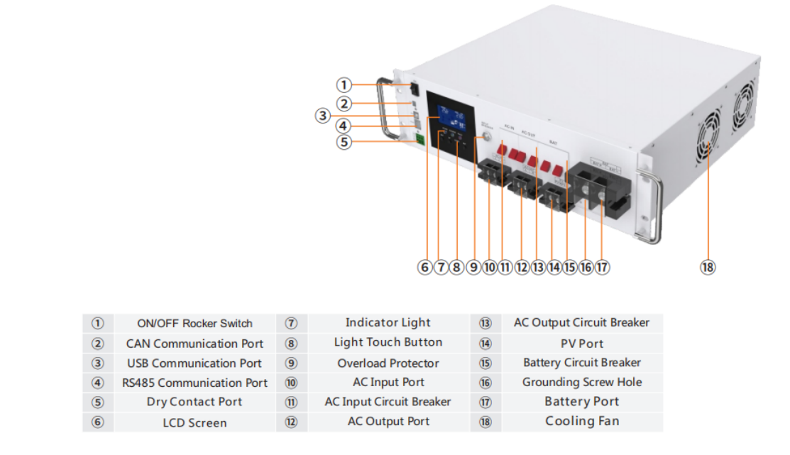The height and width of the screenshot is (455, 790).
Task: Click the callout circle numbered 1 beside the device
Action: point(344,85)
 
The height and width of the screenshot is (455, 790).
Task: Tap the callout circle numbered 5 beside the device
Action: point(344,142)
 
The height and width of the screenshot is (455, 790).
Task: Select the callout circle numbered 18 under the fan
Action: point(708,267)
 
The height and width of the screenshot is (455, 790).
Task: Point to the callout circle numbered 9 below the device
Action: point(474,267)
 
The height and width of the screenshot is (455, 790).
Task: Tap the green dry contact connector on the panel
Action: point(419,139)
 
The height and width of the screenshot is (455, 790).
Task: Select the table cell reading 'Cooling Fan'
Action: point(582,421)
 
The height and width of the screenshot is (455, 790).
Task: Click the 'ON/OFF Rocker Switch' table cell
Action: point(194,324)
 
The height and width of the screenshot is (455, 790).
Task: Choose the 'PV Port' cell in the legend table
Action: point(582,344)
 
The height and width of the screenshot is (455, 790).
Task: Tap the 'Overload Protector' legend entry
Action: point(388,363)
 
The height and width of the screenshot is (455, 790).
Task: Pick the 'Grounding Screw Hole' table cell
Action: point(582,382)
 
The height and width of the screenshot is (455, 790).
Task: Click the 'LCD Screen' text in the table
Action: point(194,423)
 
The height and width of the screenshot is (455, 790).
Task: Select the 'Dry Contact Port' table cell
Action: point(194,402)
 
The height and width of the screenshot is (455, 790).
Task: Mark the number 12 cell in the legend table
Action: point(291,422)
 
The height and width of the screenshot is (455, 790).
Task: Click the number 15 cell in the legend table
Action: point(485,363)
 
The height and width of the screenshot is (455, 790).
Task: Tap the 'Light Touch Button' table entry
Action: point(388,342)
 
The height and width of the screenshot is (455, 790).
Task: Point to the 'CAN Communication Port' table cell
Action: point(194,344)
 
